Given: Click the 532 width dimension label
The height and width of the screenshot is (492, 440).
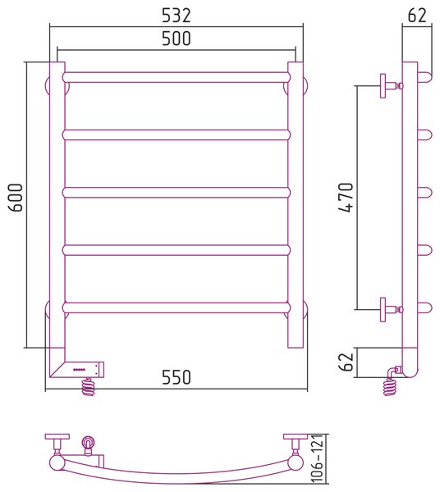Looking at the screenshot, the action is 176,16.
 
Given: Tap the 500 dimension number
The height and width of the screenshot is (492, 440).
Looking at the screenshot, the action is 176,39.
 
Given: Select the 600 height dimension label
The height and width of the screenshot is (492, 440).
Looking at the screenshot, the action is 16,198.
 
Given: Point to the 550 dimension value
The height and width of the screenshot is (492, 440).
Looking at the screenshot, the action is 176,377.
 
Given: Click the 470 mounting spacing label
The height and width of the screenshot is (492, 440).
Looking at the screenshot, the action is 346,198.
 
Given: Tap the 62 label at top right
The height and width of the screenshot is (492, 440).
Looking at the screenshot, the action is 417,16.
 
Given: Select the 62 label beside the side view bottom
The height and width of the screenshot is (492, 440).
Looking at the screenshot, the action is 346,362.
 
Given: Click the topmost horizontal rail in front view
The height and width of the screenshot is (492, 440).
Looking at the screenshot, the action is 176,77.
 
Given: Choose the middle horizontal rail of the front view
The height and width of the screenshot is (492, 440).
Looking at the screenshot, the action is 176,193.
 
